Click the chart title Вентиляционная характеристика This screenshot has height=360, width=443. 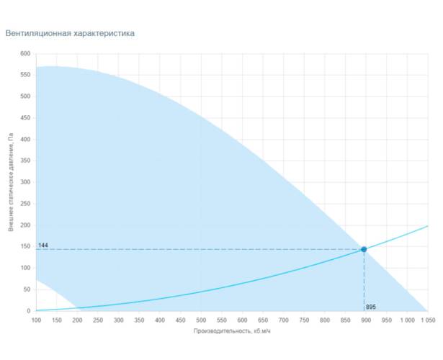click(70, 33)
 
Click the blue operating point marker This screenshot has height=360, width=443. click(364, 249)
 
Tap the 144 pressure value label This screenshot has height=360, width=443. click(42, 246)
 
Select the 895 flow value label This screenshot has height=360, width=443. click(371, 307)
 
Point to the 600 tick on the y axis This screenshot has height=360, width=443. click(26, 54)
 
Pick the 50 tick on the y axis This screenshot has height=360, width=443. click(27, 289)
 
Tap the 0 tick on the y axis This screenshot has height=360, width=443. click(30, 311)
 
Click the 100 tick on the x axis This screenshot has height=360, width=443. click(36, 320)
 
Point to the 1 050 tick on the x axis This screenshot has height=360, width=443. click(427, 320)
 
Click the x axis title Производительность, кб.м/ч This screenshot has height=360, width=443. click(231, 331)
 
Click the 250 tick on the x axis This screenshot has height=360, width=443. click(98, 320)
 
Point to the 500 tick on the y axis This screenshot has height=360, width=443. click(26, 96)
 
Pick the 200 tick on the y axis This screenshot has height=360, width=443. click(26, 225)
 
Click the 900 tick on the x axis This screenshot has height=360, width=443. click(366, 320)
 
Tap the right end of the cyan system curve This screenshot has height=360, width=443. click(427, 226)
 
